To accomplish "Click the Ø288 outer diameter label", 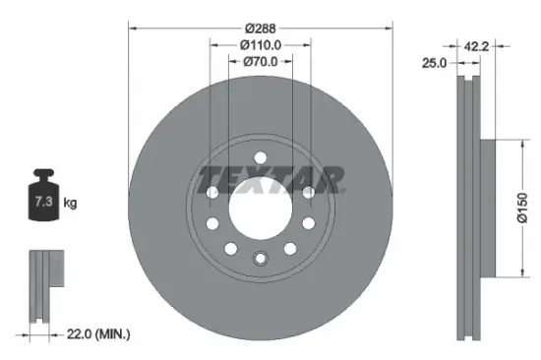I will click(x=261, y=28).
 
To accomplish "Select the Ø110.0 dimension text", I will click(x=261, y=44).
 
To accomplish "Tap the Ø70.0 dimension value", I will click(x=261, y=61).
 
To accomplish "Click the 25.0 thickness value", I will click(x=435, y=62).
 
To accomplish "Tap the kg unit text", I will click(x=70, y=203).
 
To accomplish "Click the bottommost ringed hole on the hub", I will click(x=261, y=260).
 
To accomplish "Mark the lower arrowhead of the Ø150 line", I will click(x=515, y=273).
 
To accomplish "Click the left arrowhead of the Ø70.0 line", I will click(x=232, y=61).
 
